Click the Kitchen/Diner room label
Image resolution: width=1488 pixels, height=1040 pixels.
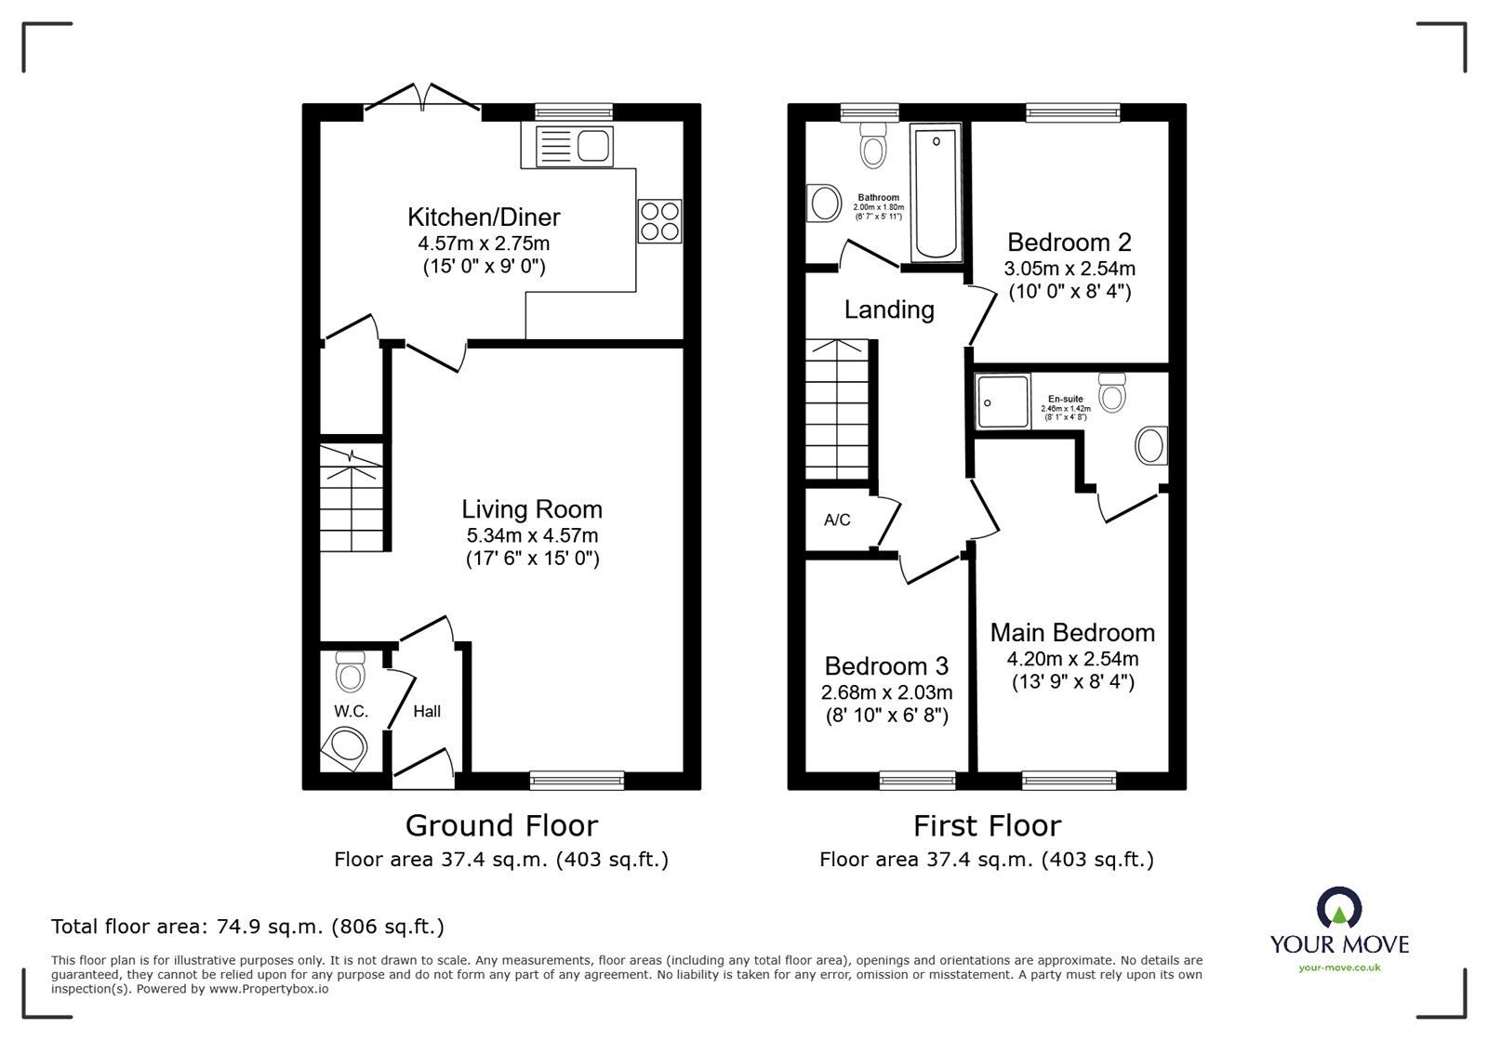(484, 217)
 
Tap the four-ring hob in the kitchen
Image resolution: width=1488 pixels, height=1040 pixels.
(659, 221)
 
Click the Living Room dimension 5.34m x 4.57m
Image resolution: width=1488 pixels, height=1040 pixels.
(532, 535)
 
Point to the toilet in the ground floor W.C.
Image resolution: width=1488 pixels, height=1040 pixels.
(350, 671)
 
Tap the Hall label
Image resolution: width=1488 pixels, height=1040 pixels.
(427, 711)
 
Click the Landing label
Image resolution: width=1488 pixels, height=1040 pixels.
(889, 309)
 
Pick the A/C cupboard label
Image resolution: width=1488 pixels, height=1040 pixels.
(837, 520)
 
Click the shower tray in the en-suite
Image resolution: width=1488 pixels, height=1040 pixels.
(1003, 402)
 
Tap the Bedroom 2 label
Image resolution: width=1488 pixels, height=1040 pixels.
(1069, 243)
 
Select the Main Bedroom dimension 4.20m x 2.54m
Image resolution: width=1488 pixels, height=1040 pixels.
(1072, 659)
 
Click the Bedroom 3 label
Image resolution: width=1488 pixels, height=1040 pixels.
(886, 666)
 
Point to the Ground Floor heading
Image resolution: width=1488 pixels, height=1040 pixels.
(501, 825)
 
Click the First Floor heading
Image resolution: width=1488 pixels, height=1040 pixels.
(987, 825)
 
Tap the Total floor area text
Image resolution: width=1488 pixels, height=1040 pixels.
(247, 927)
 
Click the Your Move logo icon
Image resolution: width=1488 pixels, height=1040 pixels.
(1339, 909)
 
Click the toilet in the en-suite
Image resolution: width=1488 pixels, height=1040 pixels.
(1111, 393)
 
